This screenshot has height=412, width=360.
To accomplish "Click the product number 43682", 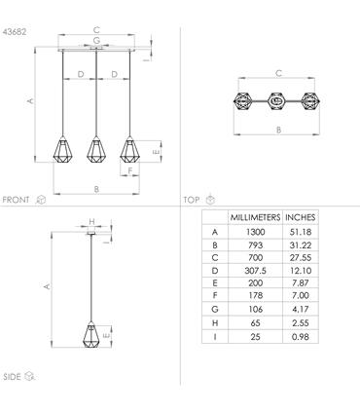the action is pyautogui.click(x=15, y=32).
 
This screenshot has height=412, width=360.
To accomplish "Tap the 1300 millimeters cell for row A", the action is pyautogui.click(x=255, y=232).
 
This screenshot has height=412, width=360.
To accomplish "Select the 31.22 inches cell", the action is pyautogui.click(x=301, y=245).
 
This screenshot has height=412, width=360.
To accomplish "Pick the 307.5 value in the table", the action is pyautogui.click(x=255, y=271).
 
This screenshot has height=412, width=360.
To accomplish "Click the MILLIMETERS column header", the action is pyautogui.click(x=255, y=217).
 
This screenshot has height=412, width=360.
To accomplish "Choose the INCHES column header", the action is pyautogui.click(x=301, y=217).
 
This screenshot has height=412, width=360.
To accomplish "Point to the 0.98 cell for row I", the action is pyautogui.click(x=301, y=337).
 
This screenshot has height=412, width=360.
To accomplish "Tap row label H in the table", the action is pyautogui.click(x=215, y=323).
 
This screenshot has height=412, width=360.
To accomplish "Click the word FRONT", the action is pyautogui.click(x=16, y=200).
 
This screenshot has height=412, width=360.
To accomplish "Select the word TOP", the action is pyautogui.click(x=192, y=200).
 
